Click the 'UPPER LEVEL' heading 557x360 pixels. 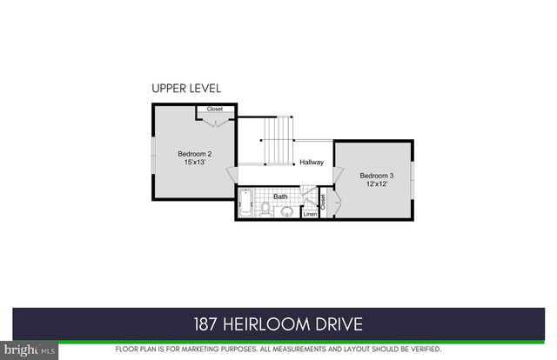[x=186, y=88]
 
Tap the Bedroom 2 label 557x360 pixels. [x=194, y=153]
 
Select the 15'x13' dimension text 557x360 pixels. [x=194, y=163]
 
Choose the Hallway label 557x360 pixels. [x=312, y=163]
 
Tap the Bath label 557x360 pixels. [x=280, y=197]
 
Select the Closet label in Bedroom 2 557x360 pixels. [x=214, y=109]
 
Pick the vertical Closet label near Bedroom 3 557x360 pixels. [x=323, y=202]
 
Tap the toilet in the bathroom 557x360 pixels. [x=266, y=209]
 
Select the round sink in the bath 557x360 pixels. [x=288, y=210]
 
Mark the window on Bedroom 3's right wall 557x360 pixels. [x=413, y=179]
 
